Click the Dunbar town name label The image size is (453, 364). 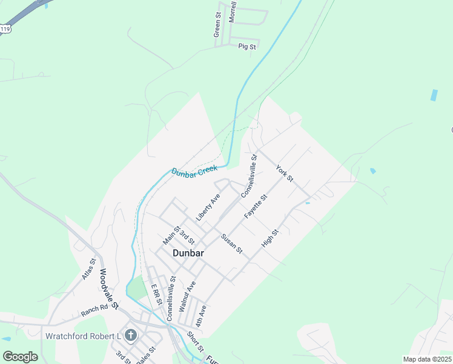(x=188, y=253)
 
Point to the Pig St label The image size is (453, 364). (x=247, y=46)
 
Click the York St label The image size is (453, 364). (x=284, y=174)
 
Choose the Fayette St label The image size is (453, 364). (x=256, y=207)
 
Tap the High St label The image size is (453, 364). (x=269, y=237)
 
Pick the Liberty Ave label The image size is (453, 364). (x=207, y=207)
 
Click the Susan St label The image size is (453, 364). (x=231, y=243)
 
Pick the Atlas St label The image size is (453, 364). (x=89, y=269)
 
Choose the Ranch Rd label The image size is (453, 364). (x=94, y=311)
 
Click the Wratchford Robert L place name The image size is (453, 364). (x=82, y=336)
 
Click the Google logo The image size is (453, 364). (x=20, y=357)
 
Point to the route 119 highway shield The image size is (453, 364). (x=5, y=29)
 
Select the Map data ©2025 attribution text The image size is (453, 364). (x=427, y=359)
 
